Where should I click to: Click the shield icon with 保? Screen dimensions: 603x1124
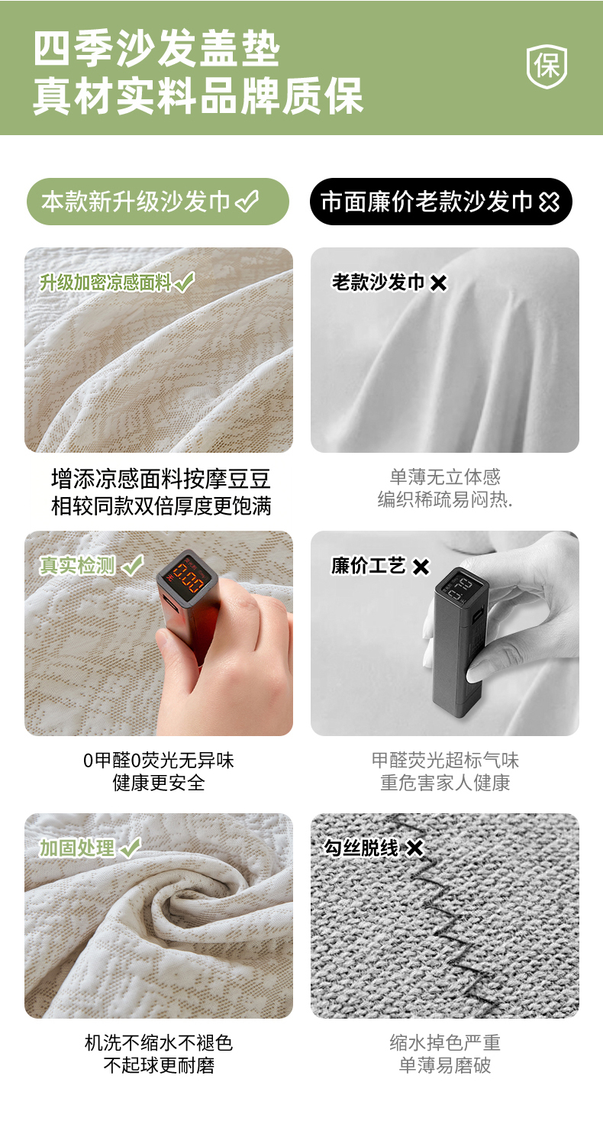[547, 66]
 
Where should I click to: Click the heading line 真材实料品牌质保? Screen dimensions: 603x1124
[198, 95]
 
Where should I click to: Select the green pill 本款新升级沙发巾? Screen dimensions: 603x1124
[157, 202]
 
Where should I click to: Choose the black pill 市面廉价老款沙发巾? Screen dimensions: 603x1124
[441, 202]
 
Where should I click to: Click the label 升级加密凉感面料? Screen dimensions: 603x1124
[106, 283]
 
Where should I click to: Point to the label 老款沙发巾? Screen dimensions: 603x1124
[379, 282]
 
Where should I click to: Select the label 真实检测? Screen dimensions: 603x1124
[78, 566]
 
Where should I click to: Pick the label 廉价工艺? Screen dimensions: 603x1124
[368, 566]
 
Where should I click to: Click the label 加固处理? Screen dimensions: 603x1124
[77, 848]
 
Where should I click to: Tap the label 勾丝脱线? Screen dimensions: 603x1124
[361, 848]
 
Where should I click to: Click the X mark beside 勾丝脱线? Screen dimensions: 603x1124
[415, 848]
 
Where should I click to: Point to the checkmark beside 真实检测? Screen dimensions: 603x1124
[133, 565]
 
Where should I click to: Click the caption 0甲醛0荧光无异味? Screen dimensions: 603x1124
[159, 761]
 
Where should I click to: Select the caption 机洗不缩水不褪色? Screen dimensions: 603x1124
[159, 1043]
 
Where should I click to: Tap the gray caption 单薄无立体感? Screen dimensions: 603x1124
[445, 476]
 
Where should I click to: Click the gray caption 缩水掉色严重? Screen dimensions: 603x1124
[445, 1043]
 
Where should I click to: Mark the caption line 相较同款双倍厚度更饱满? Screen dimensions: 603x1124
[161, 505]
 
